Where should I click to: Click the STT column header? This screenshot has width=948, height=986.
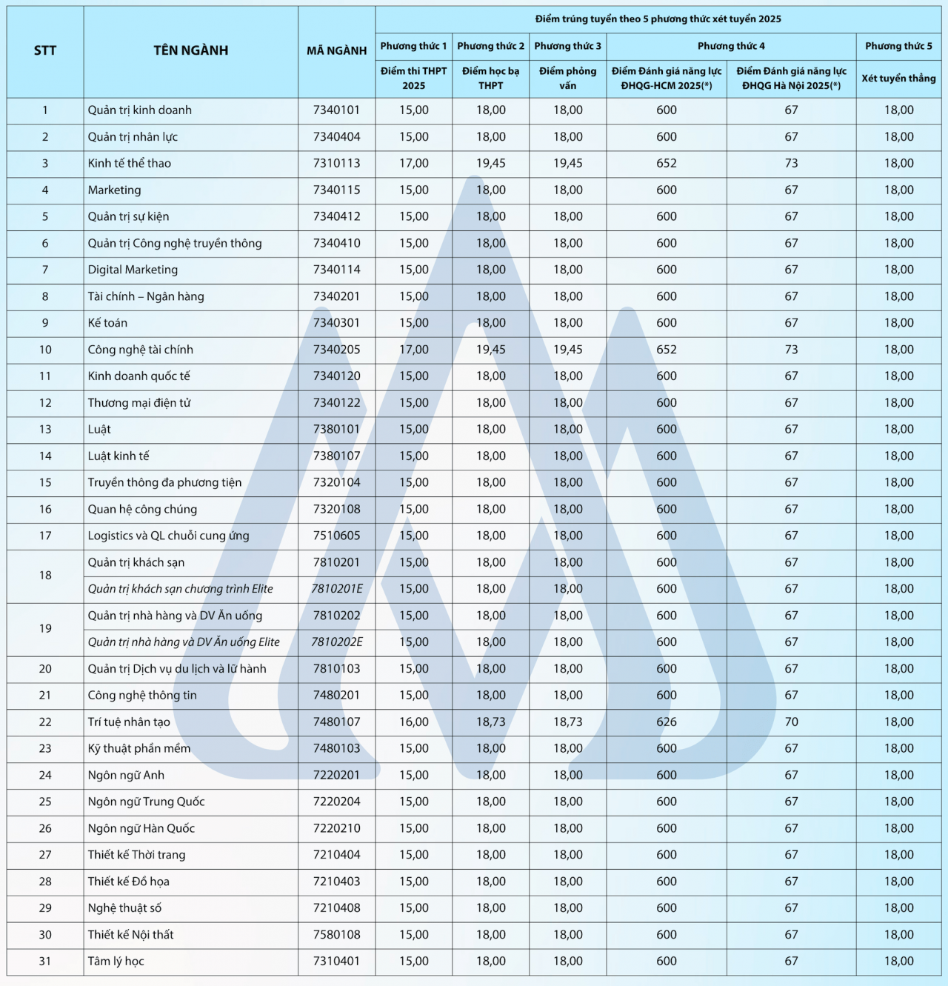tap(45, 50)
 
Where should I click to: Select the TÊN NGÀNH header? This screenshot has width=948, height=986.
tap(190, 50)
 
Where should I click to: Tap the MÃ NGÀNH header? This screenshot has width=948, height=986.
tap(337, 50)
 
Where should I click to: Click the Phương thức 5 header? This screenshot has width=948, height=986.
tap(898, 46)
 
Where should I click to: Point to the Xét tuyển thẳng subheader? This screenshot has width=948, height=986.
tap(898, 78)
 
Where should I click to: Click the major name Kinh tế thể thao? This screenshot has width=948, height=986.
tap(130, 163)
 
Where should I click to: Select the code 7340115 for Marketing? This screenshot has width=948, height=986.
tap(337, 190)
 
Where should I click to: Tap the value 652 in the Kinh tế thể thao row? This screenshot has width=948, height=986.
tap(667, 163)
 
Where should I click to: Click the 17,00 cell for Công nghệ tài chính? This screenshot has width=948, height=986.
tap(414, 350)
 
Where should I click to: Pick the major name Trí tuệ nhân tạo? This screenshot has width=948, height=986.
tap(129, 722)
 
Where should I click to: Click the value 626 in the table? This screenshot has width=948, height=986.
tap(667, 722)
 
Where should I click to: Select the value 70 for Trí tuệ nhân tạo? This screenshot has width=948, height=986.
tap(791, 722)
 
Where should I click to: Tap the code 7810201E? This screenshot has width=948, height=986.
tap(337, 589)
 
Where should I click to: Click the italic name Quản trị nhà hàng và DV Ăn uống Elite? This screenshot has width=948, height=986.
tap(184, 642)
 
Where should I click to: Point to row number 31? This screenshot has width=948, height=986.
tap(45, 961)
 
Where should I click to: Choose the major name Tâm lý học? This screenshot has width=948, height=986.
tap(116, 961)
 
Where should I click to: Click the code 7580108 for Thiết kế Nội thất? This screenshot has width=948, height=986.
tap(337, 934)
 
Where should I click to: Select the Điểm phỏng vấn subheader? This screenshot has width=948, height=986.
tap(567, 78)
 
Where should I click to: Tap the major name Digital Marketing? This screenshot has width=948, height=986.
tap(133, 270)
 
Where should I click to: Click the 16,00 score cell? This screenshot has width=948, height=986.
tap(414, 722)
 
